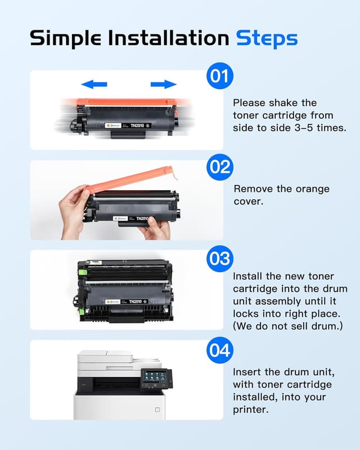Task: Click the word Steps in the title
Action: tap(266, 38)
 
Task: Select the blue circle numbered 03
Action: tap(219, 258)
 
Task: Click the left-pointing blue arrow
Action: tap(94, 84)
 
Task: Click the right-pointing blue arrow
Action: tap(163, 84)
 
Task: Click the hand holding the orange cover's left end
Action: tap(73, 202)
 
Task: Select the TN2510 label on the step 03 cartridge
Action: tap(135, 302)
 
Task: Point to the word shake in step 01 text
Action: tap(288, 103)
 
